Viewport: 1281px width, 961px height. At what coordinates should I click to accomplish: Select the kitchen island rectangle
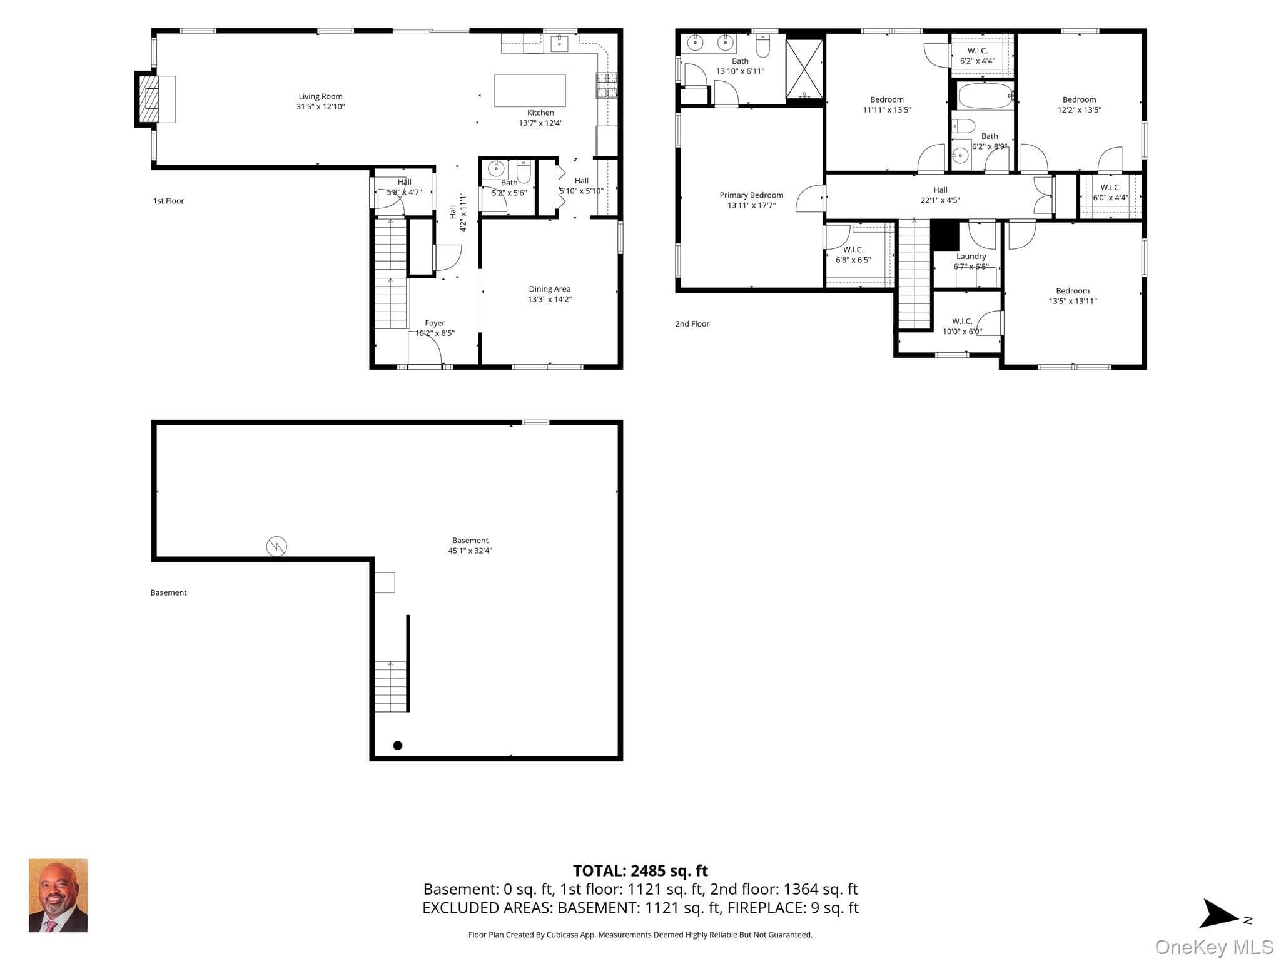530,91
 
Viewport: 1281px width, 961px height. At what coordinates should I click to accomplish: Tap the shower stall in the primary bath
804,69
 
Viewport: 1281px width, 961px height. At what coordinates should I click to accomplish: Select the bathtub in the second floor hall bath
985,96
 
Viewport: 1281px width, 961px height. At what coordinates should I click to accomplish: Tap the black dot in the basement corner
397,745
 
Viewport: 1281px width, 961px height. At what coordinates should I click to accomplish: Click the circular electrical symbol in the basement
276,546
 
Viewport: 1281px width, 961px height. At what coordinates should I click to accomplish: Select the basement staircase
391,686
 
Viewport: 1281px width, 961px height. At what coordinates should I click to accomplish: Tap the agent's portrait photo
58,895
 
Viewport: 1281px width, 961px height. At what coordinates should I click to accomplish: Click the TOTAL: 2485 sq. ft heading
640,870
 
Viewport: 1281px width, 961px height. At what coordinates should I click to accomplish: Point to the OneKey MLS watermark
1213,947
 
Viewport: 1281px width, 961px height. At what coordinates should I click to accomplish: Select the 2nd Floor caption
692,324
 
